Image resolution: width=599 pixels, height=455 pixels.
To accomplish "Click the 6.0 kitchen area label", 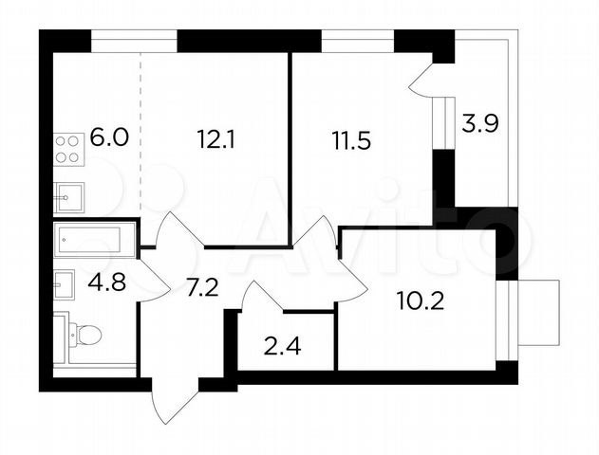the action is click(x=109, y=137).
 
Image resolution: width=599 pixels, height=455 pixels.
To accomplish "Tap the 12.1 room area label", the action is click(x=215, y=139).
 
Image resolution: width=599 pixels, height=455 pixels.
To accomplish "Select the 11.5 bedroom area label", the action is click(x=351, y=140).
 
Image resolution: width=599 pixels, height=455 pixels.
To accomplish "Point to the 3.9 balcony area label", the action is click(x=480, y=123).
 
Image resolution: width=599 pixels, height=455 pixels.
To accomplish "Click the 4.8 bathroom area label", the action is click(x=107, y=282).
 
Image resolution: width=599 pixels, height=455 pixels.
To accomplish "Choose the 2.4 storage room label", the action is click(x=283, y=347).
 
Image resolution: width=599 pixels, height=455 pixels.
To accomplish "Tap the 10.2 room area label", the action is click(x=421, y=300).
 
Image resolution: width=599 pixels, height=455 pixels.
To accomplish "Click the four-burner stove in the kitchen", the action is click(x=68, y=150).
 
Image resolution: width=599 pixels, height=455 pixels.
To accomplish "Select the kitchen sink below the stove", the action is click(x=68, y=197).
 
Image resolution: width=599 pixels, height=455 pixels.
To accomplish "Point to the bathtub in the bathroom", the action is click(x=95, y=240).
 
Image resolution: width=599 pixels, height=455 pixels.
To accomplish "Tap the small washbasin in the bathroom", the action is click(x=64, y=284).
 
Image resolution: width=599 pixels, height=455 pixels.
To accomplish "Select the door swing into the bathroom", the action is click(x=155, y=280).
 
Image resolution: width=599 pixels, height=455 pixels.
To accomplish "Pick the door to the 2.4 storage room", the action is click(x=262, y=296).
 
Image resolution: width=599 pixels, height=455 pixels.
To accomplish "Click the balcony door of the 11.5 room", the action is click(x=421, y=81).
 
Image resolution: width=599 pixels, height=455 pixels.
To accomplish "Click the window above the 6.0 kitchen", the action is click(x=134, y=41).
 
